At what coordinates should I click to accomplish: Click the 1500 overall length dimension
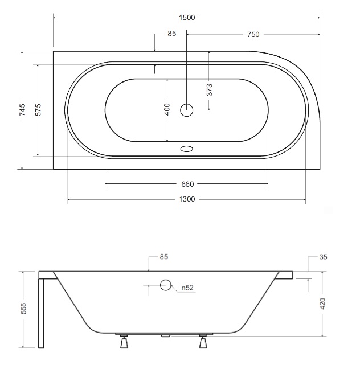[187, 18]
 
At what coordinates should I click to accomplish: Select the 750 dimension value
[253, 35]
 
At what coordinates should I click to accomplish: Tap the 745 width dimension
[22, 110]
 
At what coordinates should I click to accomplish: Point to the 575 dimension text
[38, 110]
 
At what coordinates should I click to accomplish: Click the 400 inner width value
[167, 109]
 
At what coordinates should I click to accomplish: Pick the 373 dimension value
[210, 90]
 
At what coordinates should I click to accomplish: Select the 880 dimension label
[187, 184]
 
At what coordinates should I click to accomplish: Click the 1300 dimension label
[187, 199]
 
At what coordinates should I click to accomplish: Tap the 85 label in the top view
[172, 34]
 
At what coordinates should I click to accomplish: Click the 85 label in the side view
[164, 256]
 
